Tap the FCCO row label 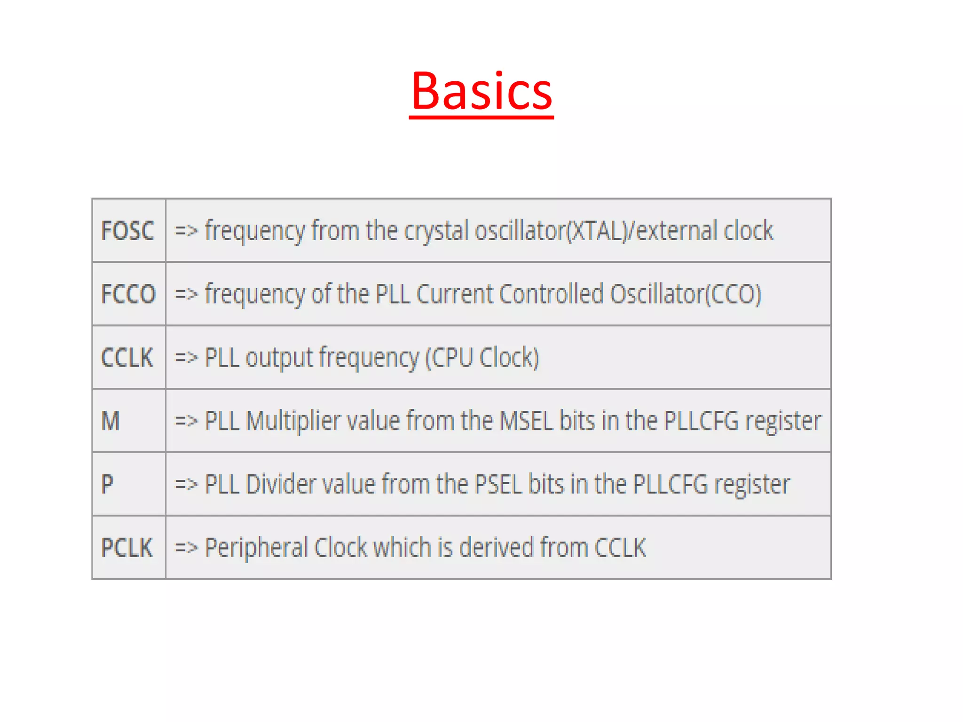click(x=128, y=294)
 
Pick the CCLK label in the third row click(x=127, y=358)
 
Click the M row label click(x=111, y=421)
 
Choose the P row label click(x=107, y=484)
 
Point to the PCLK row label click(x=127, y=548)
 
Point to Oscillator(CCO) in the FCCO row click(x=685, y=294)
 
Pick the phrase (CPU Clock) click(x=482, y=358)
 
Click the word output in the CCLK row click(x=279, y=358)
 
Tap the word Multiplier click(x=293, y=421)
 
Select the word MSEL click(x=526, y=421)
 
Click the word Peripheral click(x=256, y=548)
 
